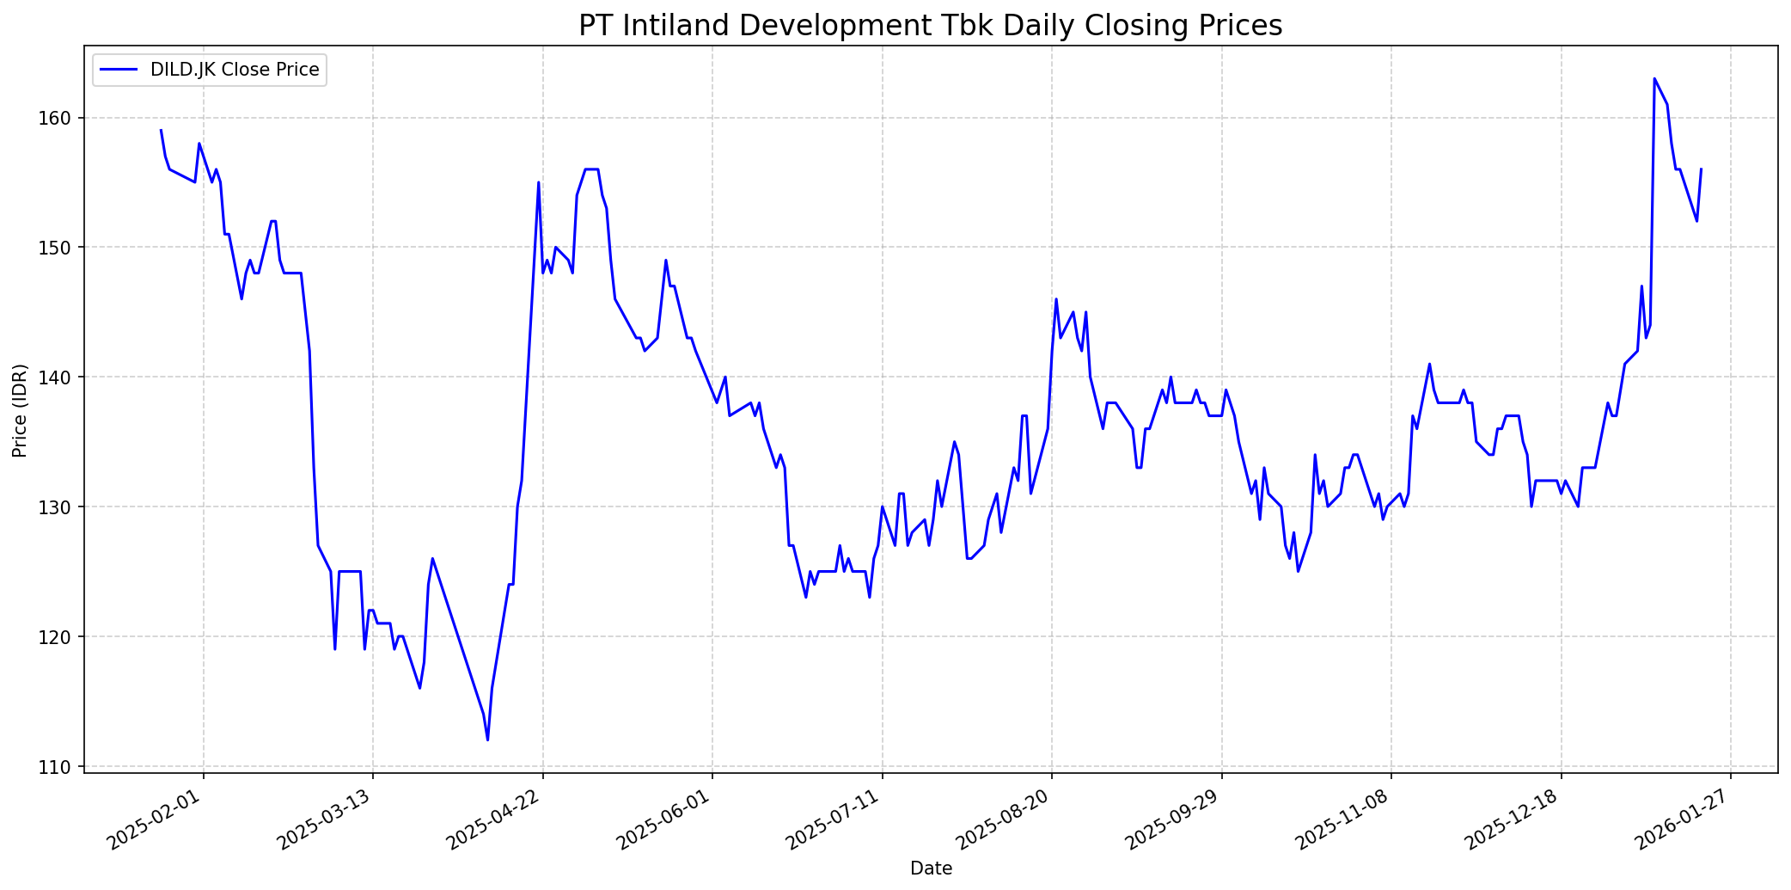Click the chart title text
click(x=930, y=26)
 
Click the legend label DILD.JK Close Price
click(x=235, y=70)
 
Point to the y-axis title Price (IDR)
click(x=20, y=410)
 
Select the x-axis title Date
click(x=931, y=869)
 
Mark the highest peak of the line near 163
click(x=1654, y=79)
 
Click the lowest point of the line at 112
click(x=487, y=740)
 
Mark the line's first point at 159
click(x=161, y=131)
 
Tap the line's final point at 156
click(x=1701, y=169)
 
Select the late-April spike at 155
click(x=539, y=182)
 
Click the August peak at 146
click(x=1056, y=299)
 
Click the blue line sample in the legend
click(x=119, y=70)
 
